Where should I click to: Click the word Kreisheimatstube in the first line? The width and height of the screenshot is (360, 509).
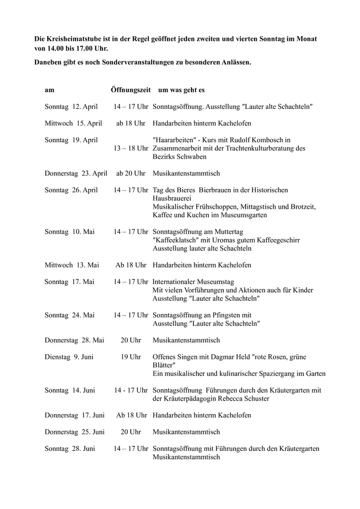(x=70, y=39)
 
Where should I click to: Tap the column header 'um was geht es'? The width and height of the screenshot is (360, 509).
(x=181, y=90)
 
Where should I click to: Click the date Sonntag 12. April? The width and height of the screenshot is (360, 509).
(x=71, y=107)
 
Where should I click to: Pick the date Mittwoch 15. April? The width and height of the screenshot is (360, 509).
(x=73, y=123)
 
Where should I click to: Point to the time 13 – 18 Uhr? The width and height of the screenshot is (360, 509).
(x=131, y=148)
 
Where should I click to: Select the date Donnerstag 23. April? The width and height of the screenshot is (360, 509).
(x=76, y=173)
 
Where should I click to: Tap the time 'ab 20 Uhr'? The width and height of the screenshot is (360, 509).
(x=131, y=173)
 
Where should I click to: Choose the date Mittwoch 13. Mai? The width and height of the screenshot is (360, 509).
(x=72, y=265)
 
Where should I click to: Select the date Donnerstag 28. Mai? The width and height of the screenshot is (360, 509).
(x=74, y=340)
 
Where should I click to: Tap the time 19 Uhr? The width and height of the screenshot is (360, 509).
(x=131, y=357)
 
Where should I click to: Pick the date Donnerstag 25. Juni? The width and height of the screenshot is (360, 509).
(x=75, y=432)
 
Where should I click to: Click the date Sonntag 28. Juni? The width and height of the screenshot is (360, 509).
(x=70, y=449)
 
